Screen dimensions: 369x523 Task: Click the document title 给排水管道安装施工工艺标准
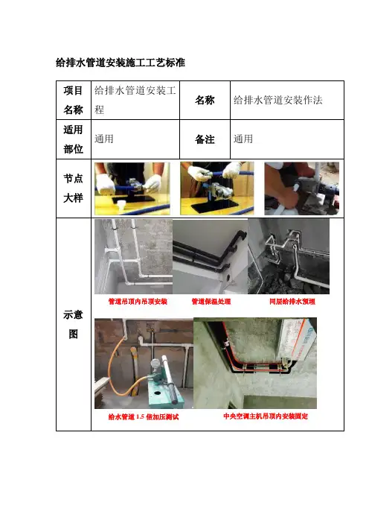(x=121, y=63)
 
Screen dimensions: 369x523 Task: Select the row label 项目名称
(x=73, y=100)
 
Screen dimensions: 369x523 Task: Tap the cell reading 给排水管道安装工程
(x=135, y=100)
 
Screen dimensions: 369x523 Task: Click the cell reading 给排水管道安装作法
(x=277, y=100)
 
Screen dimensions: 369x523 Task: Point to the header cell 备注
(x=205, y=139)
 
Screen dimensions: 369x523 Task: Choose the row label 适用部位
(x=73, y=139)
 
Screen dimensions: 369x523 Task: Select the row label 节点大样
(x=73, y=188)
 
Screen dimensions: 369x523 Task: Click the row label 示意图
(x=73, y=324)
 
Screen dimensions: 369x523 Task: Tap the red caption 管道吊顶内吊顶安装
(x=138, y=302)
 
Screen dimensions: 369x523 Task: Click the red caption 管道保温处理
(x=211, y=302)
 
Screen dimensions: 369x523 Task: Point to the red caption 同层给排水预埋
(x=292, y=302)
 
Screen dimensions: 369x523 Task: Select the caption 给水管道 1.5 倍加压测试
(x=143, y=416)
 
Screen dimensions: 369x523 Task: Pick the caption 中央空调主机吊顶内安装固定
(x=266, y=416)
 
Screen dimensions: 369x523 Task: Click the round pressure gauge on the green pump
(x=155, y=363)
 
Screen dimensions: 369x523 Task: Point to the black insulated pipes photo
(x=210, y=256)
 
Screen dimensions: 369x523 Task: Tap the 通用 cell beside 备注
(x=243, y=139)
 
